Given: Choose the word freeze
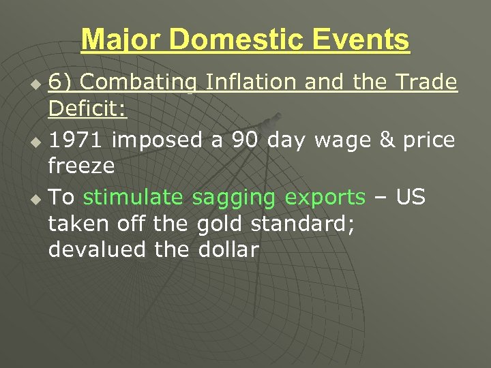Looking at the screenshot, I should click(81, 166).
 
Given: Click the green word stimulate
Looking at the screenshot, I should click(133, 198).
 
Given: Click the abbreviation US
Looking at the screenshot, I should click(410, 198).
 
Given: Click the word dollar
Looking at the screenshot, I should click(228, 249).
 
